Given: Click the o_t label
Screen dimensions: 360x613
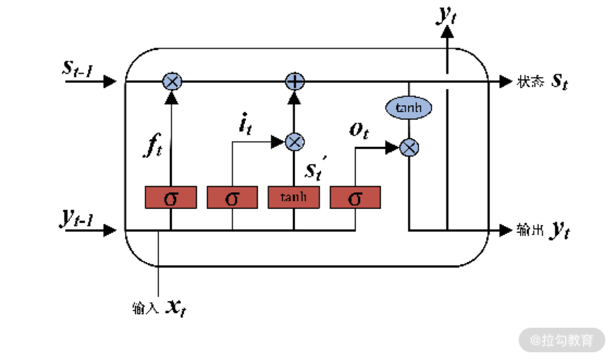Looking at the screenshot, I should coord(359,130).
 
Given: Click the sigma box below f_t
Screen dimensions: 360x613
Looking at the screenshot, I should coord(171,198).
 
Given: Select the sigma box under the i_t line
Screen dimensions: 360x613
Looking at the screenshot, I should coord(232,198).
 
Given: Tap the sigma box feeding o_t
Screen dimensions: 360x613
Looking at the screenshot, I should coord(355,198).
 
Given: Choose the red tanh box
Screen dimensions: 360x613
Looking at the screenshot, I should coord(293,198).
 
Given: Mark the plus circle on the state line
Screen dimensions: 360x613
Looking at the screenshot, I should coord(293,81).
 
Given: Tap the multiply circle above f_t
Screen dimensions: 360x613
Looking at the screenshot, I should coord(171,81).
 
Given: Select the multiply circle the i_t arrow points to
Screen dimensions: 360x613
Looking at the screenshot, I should coord(294,142).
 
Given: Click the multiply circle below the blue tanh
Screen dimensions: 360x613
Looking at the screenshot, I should coord(409,147).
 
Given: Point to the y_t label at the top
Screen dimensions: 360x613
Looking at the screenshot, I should coord(445,15).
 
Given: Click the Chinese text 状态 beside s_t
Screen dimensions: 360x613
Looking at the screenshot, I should coord(529,82).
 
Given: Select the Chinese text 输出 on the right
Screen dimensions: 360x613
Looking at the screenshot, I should coord(529,230).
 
